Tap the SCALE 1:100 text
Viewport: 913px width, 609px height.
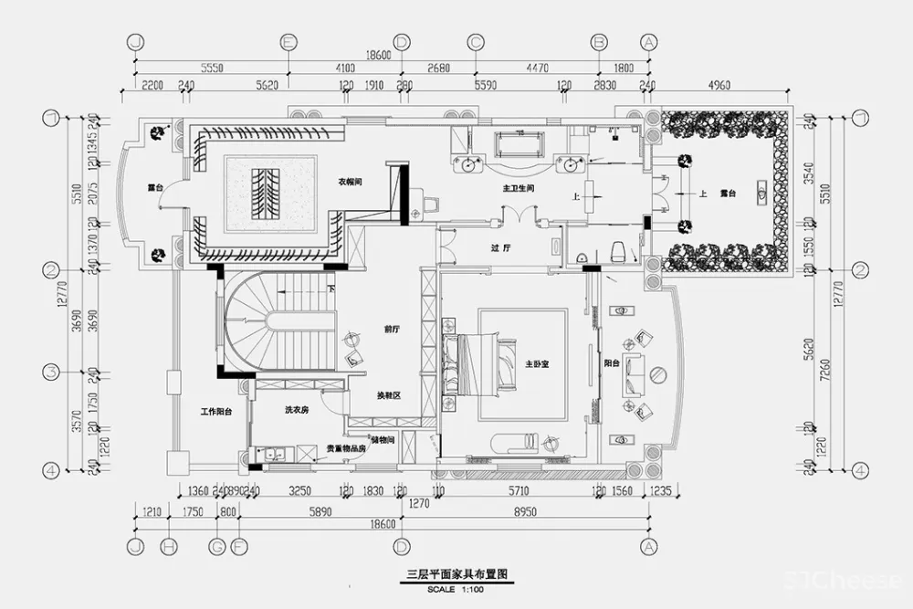pyautogui.click(x=456, y=588)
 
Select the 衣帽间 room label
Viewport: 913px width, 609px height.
pyautogui.click(x=352, y=183)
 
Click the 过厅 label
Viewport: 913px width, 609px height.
pyautogui.click(x=499, y=247)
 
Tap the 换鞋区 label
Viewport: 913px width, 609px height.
pyautogui.click(x=391, y=396)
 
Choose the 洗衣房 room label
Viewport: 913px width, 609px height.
pyautogui.click(x=297, y=411)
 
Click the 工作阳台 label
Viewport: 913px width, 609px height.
pyautogui.click(x=215, y=413)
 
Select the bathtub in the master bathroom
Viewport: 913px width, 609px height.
pyautogui.click(x=519, y=145)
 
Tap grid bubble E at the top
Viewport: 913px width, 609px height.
pyautogui.click(x=289, y=42)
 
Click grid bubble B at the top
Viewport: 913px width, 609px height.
pyautogui.click(x=599, y=42)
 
